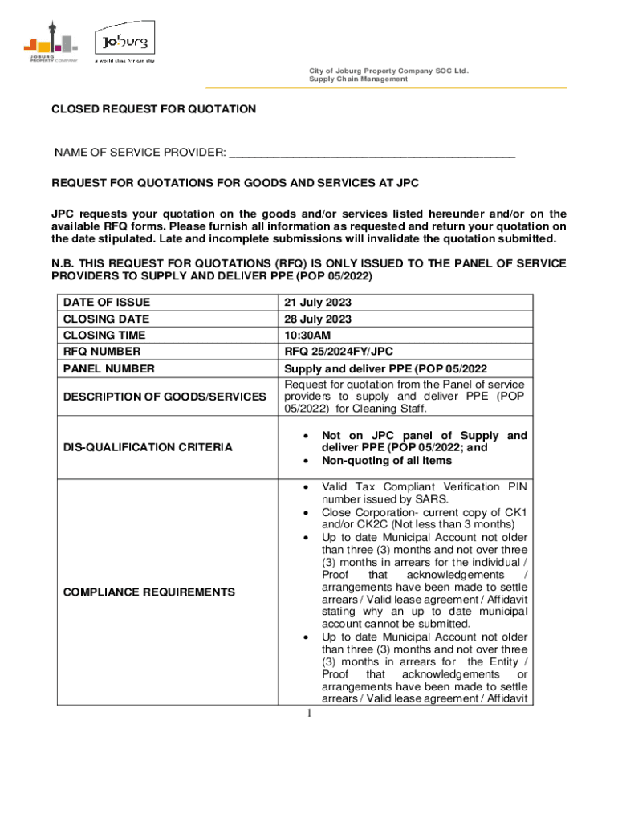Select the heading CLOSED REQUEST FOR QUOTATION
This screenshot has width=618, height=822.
[x=154, y=109]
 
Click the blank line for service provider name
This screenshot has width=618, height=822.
[x=372, y=153]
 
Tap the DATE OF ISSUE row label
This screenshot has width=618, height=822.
[x=107, y=303]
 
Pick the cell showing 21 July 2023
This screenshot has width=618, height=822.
[x=318, y=303]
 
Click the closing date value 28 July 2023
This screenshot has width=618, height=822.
[x=318, y=319]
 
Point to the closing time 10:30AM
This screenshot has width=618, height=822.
[x=306, y=335]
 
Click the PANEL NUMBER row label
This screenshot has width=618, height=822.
[x=108, y=368]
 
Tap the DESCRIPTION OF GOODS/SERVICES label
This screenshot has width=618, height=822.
[x=165, y=397]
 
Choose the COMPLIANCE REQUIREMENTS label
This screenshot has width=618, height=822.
[x=149, y=592]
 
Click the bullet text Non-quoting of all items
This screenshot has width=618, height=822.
[x=386, y=461]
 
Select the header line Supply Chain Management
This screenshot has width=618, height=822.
[x=358, y=79]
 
